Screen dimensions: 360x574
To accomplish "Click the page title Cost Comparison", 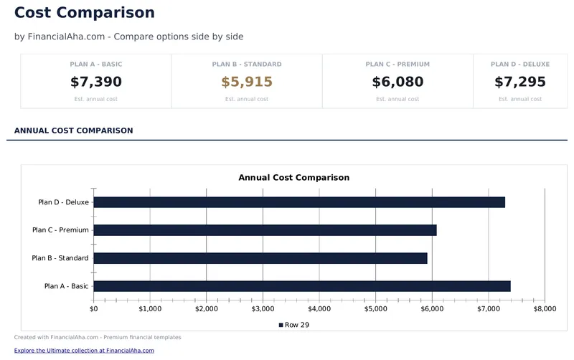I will (84, 13).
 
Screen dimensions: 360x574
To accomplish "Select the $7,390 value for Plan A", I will (95, 82).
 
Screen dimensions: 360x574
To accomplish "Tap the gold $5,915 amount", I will (246, 82).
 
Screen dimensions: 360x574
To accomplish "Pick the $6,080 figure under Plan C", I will (397, 82).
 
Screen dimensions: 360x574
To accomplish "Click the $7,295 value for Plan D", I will (519, 82).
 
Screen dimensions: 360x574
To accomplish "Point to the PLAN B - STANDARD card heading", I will (246, 65).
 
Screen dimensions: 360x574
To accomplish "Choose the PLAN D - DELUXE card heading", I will (519, 65).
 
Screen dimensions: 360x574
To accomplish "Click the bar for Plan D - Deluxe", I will (299, 202).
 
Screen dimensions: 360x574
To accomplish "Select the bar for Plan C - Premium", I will (265, 230).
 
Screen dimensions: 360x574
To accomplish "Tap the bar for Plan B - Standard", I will (260, 258).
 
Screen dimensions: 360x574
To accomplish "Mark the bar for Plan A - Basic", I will (302, 286).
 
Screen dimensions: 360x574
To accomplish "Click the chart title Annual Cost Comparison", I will (293, 177).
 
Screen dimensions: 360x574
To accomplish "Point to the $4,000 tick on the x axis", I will (319, 309).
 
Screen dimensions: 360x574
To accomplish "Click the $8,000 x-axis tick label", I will (545, 309).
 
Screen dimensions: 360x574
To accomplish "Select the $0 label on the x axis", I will (94, 309).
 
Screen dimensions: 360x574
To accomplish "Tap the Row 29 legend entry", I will (293, 325).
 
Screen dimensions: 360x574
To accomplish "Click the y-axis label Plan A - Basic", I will (66, 286).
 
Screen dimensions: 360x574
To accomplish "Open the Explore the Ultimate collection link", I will (84, 351).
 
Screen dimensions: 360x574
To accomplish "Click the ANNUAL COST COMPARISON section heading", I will (73, 131).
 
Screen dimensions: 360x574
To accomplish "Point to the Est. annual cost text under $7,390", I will (95, 99).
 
